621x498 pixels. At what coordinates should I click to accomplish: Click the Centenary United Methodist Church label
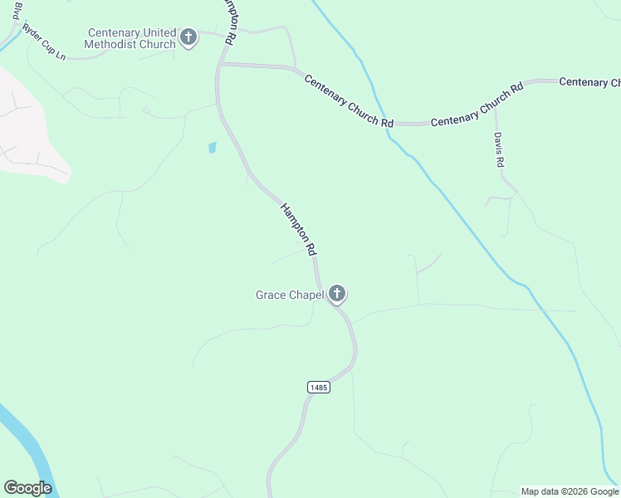pos(132,38)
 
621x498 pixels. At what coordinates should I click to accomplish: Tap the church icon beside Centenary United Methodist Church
pos(188,37)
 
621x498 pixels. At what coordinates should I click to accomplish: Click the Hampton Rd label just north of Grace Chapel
pos(299,228)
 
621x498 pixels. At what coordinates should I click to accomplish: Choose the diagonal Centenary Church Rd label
pos(349,100)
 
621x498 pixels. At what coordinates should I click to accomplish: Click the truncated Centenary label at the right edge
pos(589,81)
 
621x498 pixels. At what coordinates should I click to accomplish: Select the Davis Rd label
pos(499,149)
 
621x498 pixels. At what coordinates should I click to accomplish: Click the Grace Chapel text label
pos(289,294)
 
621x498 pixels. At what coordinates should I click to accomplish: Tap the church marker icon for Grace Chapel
pos(336,293)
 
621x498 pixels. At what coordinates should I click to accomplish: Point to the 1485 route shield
pos(318,388)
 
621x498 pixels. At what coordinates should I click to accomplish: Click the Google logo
pos(27,488)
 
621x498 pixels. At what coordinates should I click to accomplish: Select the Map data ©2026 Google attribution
pos(570,491)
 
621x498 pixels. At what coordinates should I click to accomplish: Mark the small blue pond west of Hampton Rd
pos(212,148)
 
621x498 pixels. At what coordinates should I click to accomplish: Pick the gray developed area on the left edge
pos(25,124)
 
